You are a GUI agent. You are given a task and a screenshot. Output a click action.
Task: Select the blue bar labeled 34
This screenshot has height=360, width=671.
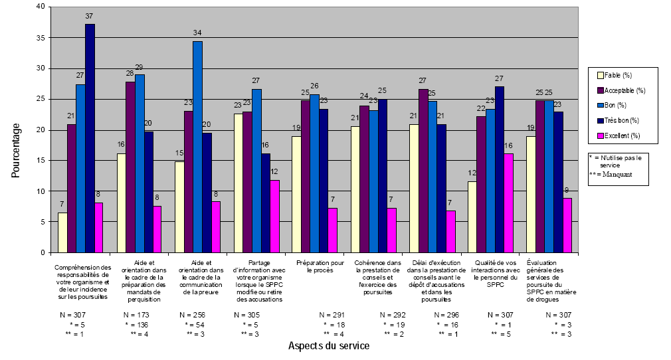point(197,147)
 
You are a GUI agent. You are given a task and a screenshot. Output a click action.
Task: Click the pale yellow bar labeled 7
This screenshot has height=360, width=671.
point(62,232)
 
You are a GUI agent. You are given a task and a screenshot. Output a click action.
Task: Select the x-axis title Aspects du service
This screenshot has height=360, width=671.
point(329,346)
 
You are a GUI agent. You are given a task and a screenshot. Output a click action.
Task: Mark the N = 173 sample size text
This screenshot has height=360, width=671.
point(136,314)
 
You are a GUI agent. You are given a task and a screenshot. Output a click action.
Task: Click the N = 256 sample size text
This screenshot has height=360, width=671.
point(193,314)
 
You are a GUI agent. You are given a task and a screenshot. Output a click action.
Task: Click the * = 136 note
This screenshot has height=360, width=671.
point(138,324)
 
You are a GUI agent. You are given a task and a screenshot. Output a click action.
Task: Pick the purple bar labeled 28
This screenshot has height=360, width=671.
point(130,167)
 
